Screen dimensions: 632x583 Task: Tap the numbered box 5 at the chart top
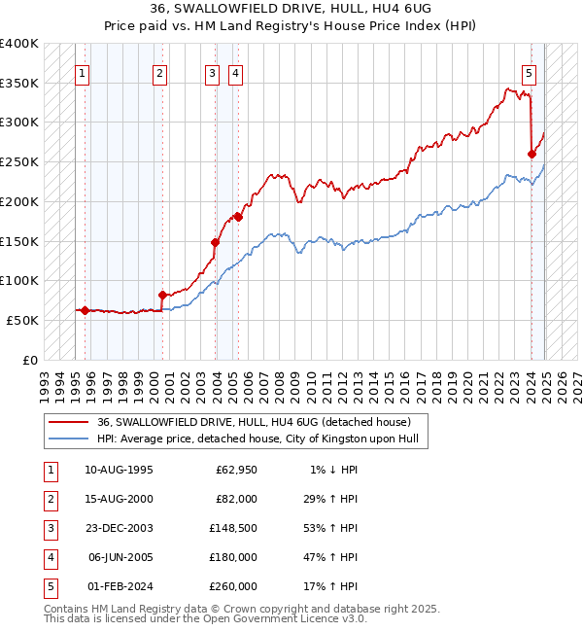coord(529,72)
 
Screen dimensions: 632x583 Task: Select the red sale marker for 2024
coord(532,154)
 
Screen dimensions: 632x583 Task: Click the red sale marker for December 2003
coord(215,242)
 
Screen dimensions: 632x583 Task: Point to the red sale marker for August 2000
coord(162,295)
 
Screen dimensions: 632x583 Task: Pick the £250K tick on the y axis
coord(20,162)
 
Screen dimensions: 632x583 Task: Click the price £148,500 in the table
coord(233,530)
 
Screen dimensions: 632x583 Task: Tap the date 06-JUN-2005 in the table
coord(119,558)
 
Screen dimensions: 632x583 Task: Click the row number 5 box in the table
coord(50,586)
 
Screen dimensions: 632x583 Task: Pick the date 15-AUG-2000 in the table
coord(119,500)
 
